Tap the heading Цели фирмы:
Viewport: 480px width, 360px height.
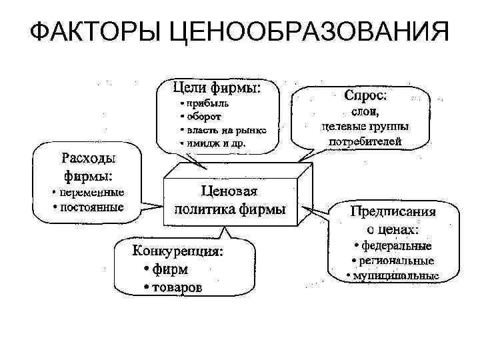click(217, 87)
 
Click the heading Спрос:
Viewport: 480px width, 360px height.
click(365, 95)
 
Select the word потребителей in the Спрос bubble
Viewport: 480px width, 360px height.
click(365, 140)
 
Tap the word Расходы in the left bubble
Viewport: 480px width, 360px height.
click(88, 159)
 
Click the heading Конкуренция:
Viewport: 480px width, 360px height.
click(179, 252)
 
